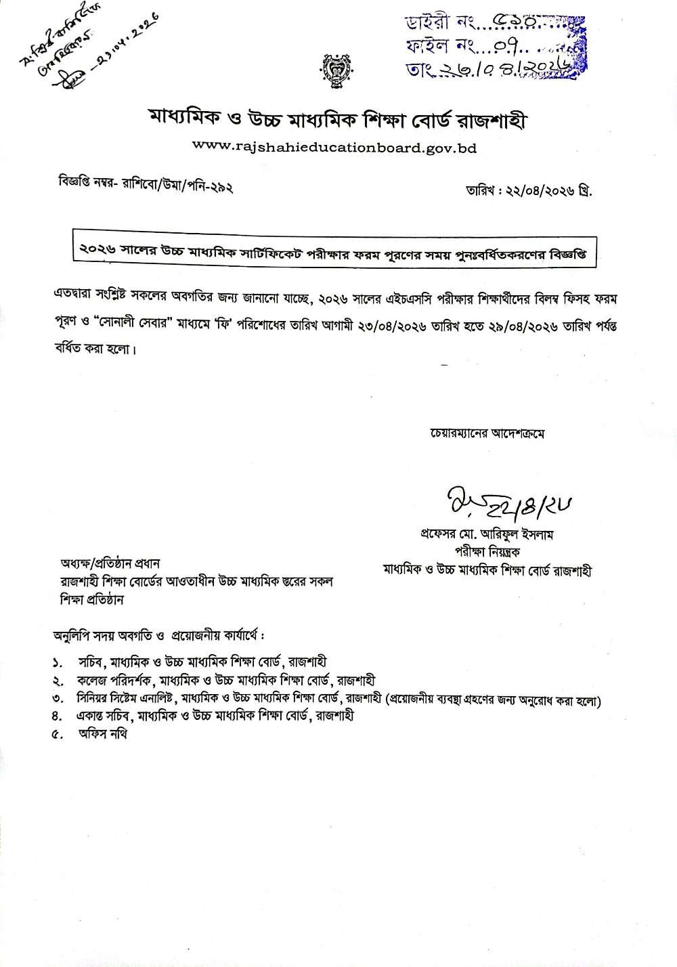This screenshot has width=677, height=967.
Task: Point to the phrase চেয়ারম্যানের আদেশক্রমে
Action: click(x=487, y=432)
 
